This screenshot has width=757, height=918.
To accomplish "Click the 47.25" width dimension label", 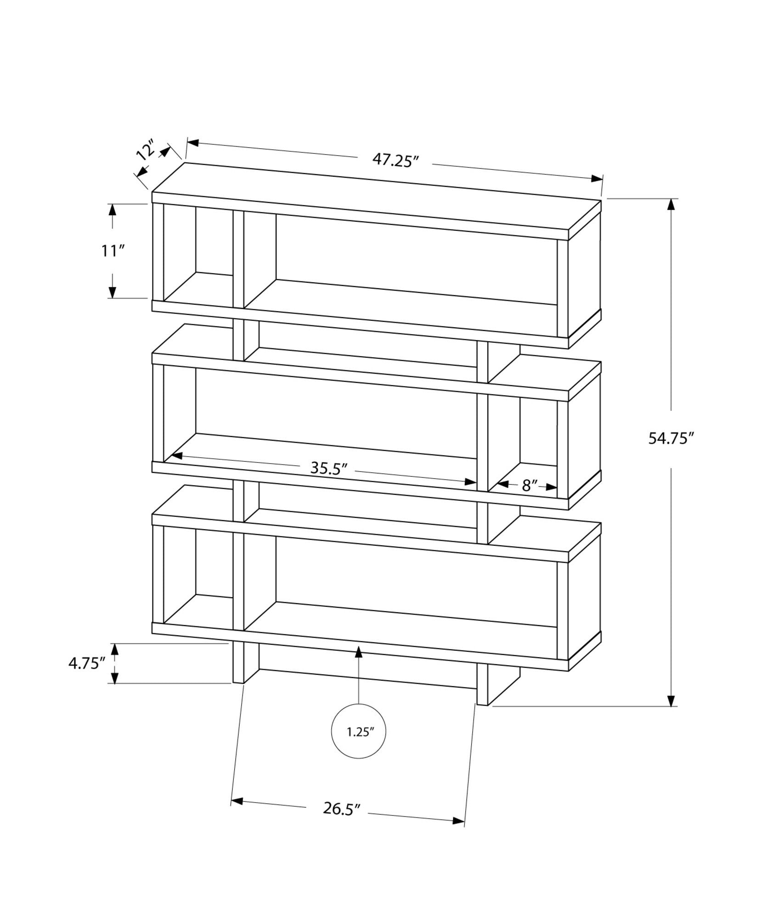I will point(395,160).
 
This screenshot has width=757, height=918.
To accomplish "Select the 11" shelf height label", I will point(113,251).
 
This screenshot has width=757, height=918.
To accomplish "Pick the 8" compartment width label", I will point(529,486).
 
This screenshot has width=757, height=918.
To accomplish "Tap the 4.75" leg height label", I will point(87,664).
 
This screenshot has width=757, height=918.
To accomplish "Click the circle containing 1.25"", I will point(358,744).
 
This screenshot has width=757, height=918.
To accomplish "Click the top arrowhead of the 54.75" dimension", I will point(672,205).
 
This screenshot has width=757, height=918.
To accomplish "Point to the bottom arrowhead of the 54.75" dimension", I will point(672,713).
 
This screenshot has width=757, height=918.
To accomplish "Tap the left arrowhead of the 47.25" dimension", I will point(192,143).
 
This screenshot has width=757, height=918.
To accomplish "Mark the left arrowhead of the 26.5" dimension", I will point(237,801).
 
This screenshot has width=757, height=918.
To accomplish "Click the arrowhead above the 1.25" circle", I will point(358,650).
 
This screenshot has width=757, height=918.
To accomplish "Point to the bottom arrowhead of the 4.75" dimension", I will point(115,678).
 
